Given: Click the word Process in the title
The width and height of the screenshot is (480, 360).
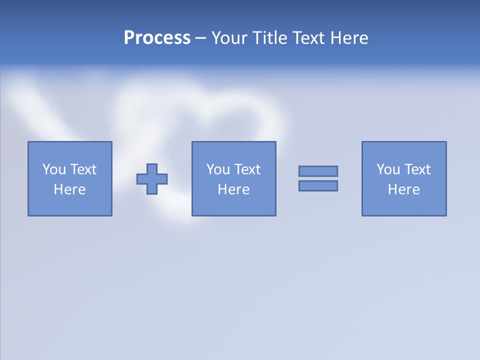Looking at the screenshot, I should pos(157,38).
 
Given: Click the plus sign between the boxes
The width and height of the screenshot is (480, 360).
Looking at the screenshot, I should pos(152,179).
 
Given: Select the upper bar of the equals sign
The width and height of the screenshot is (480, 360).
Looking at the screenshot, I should pos(318,171).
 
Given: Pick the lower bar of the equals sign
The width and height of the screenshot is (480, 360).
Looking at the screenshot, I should pos(318,185).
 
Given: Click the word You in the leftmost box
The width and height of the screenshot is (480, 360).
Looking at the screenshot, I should pos(54,169).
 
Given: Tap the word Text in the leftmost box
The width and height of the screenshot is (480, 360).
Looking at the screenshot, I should pos(83,169).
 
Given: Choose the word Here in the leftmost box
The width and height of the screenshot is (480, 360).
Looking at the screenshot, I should pos(69,189).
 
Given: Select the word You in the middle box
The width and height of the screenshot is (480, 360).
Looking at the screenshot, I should pos(218,169).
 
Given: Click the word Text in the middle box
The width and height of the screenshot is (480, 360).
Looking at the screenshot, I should pos(247,169).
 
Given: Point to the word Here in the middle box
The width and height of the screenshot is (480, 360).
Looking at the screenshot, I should pos(233,189).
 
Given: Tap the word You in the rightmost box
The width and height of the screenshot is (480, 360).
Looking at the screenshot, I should pos(388,169).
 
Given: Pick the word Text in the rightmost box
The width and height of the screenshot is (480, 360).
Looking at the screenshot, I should pos(417,169).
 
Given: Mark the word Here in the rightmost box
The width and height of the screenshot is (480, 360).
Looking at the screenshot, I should pos(403,189).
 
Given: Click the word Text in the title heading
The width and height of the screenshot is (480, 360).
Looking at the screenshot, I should pos(306,38).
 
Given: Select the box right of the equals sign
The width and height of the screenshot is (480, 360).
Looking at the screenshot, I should pos(404,205).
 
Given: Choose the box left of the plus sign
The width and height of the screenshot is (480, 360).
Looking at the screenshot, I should pos(70,205).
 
